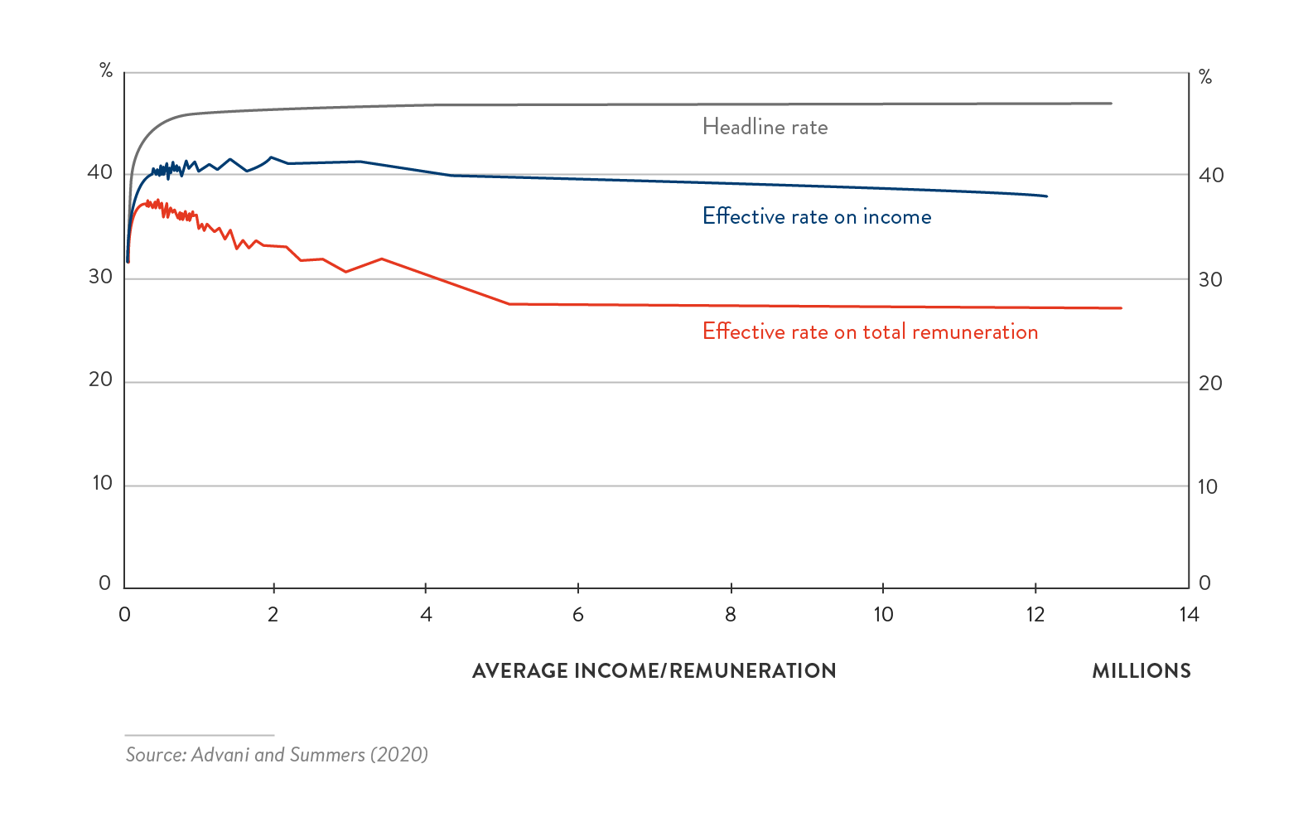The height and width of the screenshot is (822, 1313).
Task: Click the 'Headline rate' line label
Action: [x=765, y=127]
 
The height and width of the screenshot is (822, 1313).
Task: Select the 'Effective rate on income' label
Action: [x=817, y=217]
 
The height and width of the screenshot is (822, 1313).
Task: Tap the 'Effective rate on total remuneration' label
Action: [x=870, y=332]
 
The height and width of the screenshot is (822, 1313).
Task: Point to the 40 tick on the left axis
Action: [x=100, y=172]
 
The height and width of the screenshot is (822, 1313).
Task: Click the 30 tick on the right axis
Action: [x=1210, y=280]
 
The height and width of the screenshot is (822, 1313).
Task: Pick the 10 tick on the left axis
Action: [x=102, y=483]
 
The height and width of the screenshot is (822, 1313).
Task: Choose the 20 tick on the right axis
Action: [x=1210, y=384]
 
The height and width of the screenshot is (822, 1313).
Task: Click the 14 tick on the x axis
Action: [x=1189, y=615]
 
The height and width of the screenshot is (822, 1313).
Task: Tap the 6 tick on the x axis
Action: [x=578, y=615]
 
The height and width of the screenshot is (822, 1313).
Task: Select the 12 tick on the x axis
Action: [x=1035, y=615]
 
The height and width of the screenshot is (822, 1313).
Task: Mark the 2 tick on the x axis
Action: [x=273, y=615]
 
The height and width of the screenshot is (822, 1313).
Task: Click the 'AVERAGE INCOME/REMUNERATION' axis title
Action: [x=654, y=671]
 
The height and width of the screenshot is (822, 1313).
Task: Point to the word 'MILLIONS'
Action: [x=1141, y=671]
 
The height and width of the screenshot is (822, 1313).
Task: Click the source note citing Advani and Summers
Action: [x=277, y=755]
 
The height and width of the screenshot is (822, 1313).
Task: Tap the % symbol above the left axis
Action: [x=106, y=71]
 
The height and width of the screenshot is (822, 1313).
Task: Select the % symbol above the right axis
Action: [x=1205, y=78]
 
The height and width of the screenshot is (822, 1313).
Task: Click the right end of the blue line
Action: [x=1046, y=196]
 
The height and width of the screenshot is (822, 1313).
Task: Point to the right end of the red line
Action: [x=1120, y=308]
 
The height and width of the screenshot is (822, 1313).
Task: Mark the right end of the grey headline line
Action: [x=1110, y=104]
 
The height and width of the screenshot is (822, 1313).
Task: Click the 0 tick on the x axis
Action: [x=125, y=615]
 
